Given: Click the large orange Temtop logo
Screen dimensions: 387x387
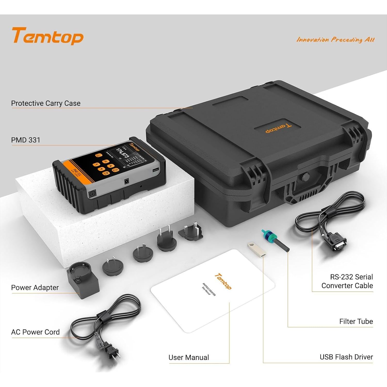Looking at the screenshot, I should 48,36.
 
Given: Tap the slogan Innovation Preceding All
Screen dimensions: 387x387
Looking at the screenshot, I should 335,39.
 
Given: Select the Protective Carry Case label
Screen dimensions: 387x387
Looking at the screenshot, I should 46,103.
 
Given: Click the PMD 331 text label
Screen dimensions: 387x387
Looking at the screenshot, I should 26,140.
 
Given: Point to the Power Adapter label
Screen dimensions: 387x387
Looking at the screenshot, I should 35,287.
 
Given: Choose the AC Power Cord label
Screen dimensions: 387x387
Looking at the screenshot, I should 35,332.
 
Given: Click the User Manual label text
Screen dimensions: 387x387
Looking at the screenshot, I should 189,357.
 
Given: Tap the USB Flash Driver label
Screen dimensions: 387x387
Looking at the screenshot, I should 346,357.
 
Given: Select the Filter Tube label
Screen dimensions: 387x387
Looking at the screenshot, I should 356,321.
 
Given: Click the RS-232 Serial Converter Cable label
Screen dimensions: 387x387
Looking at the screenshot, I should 347,281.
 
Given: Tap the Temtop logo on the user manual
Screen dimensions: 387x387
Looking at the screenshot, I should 223,281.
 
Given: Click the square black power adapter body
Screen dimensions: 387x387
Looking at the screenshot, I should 83,281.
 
